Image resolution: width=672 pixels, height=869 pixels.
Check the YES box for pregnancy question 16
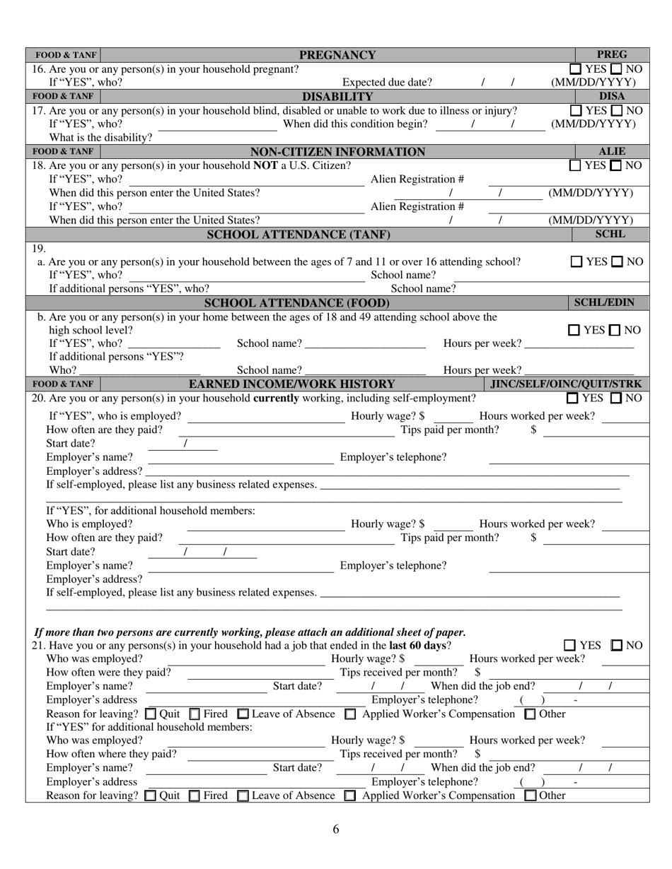coord(576,69)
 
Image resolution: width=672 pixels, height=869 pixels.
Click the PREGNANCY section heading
coord(337,55)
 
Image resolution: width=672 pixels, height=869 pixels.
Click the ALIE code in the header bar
coord(612,151)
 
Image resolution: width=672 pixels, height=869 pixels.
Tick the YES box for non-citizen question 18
coord(576,166)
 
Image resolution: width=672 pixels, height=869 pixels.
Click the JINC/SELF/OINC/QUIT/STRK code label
coord(567,384)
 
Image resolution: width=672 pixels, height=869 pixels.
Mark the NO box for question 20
coord(616,398)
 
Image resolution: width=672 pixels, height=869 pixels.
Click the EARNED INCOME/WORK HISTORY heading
coord(291,384)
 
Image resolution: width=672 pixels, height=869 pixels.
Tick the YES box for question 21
coord(570,646)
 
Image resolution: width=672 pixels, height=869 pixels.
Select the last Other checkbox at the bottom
coord(531,796)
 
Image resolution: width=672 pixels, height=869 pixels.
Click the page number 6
coord(336,829)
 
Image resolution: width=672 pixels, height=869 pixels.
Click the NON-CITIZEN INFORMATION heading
coord(337,152)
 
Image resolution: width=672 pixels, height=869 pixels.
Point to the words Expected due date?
coord(387,82)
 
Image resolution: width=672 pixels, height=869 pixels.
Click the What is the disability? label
coord(100,137)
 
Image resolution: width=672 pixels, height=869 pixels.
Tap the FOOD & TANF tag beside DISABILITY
coord(64,96)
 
